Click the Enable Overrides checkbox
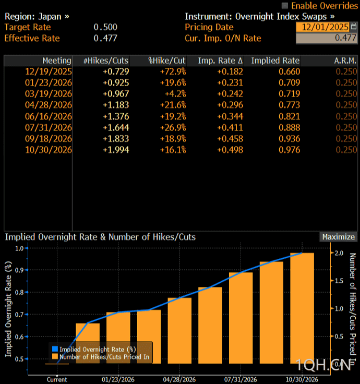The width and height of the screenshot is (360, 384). [284, 5]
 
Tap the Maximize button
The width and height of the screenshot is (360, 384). [338, 237]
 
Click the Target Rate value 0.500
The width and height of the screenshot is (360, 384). [105, 27]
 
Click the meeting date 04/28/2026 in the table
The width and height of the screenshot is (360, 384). [49, 105]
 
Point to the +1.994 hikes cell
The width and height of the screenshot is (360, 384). [116, 150]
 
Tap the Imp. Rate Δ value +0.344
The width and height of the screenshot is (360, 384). [230, 116]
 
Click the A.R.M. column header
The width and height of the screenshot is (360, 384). [345, 61]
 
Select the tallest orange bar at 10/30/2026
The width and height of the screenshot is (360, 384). [302, 308]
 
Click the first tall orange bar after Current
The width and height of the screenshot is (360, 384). [88, 343]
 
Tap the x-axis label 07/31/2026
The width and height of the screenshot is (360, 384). [241, 379]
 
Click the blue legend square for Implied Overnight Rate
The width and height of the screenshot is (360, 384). [55, 349]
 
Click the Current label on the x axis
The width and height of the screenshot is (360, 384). [57, 379]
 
